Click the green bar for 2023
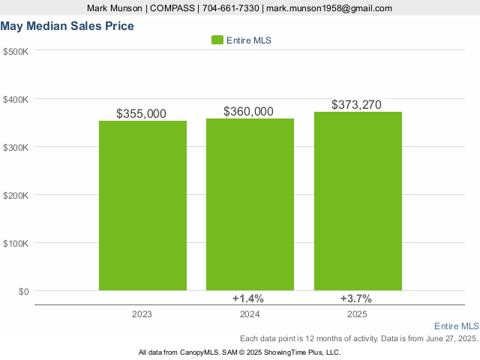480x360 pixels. pyautogui.click(x=142, y=205)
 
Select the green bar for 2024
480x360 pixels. pyautogui.click(x=250, y=204)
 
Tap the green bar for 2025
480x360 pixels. pyautogui.click(x=358, y=200)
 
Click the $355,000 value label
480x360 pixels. pyautogui.click(x=141, y=114)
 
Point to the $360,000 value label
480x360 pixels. pyautogui.click(x=248, y=112)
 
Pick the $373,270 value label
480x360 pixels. pyautogui.click(x=356, y=105)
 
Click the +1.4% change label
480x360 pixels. pyautogui.click(x=248, y=298)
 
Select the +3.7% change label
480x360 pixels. pyautogui.click(x=355, y=298)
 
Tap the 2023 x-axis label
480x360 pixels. pyautogui.click(x=142, y=314)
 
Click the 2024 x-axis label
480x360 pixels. pyautogui.click(x=250, y=314)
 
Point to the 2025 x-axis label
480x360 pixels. pyautogui.click(x=358, y=314)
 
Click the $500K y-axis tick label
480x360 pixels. pyautogui.click(x=16, y=51)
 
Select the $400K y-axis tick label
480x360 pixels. pyautogui.click(x=16, y=99)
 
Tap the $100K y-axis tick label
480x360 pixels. pyautogui.click(x=16, y=243)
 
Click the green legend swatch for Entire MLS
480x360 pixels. pyautogui.click(x=217, y=40)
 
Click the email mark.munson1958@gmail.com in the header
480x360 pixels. pyautogui.click(x=329, y=8)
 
